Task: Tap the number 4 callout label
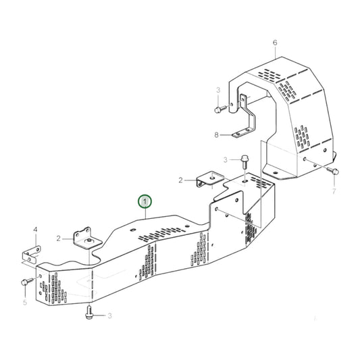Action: (36, 230)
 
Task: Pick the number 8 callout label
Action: (217, 134)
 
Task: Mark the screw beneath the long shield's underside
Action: (90, 313)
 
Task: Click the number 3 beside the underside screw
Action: (110, 315)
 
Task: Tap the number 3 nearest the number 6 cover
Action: (217, 89)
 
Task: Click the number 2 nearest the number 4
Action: (59, 238)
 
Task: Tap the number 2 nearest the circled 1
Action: (182, 180)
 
